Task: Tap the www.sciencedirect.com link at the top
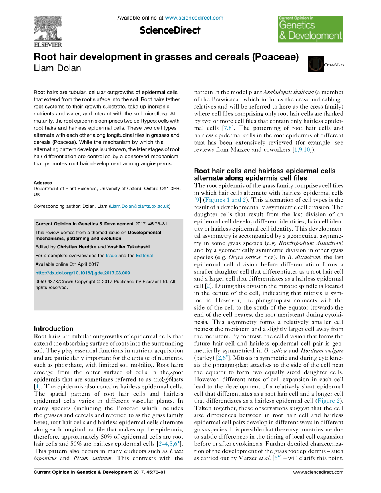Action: coord(194,18)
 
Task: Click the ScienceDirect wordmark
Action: coord(170,30)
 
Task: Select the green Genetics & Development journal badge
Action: coord(311,29)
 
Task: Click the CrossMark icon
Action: coord(316,64)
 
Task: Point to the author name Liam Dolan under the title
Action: coord(57,68)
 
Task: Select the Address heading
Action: coord(43,183)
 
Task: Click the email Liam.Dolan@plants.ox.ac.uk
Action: coord(140,206)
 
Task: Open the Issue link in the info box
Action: coord(111,256)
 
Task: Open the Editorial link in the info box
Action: coord(144,256)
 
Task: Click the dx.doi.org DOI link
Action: coord(82,273)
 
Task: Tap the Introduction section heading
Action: coord(54,329)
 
